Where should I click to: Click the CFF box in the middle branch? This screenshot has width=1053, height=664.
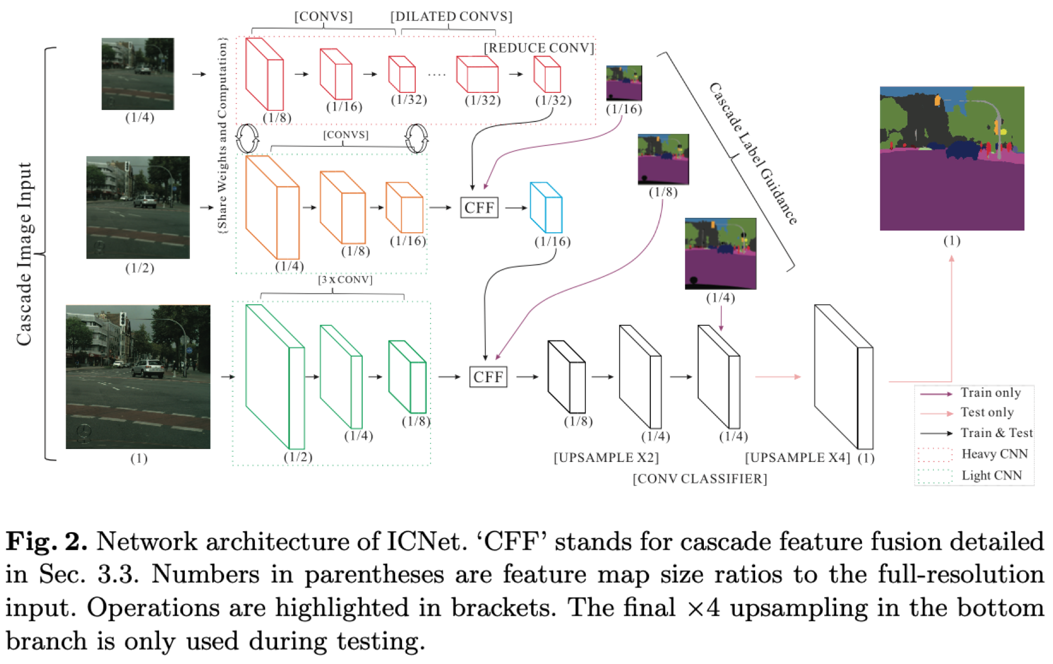[x=479, y=208]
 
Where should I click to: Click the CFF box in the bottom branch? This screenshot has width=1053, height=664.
[x=488, y=376]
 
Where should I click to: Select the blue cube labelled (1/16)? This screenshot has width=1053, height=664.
[x=546, y=208]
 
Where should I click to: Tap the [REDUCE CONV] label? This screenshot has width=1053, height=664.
[x=539, y=48]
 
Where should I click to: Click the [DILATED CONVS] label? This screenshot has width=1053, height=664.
[x=451, y=17]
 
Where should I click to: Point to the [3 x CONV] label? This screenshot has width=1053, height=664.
[x=345, y=280]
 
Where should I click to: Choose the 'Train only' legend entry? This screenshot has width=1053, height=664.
[x=990, y=392]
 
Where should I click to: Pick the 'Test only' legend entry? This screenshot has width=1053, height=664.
[x=987, y=412]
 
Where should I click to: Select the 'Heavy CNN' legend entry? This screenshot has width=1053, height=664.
[x=994, y=454]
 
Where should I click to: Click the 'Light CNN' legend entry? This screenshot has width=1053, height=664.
[x=991, y=475]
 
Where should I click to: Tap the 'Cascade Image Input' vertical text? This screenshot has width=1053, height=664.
[x=24, y=254]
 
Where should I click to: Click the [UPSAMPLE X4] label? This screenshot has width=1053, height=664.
[x=797, y=457]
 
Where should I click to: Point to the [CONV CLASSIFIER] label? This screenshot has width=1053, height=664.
[x=699, y=479]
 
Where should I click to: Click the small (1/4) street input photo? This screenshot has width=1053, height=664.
[x=137, y=74]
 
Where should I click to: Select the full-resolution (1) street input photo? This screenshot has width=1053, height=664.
[x=138, y=376]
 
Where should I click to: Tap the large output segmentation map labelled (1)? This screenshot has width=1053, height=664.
[x=951, y=158]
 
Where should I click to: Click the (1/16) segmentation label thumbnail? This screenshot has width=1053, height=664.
[x=624, y=83]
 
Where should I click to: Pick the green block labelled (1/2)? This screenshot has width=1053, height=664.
[x=274, y=376]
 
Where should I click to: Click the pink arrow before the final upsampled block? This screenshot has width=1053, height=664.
[x=777, y=376]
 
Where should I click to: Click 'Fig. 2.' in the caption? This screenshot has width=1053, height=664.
[x=46, y=541]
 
